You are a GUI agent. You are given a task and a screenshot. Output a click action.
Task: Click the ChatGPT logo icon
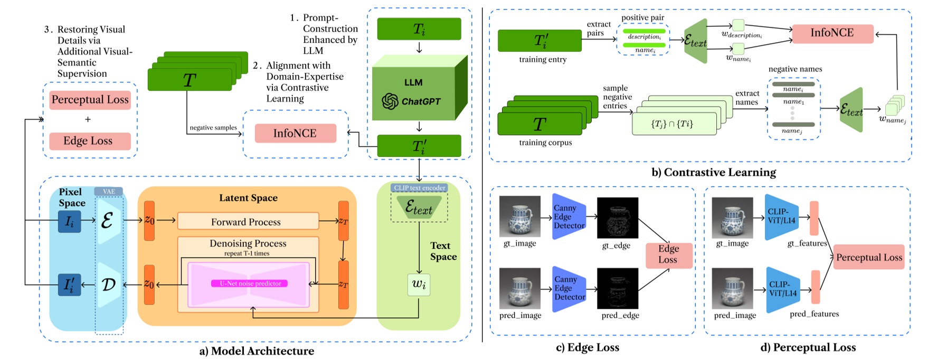[x=390, y=101]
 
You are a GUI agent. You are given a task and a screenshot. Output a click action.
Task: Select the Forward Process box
[x=248, y=222]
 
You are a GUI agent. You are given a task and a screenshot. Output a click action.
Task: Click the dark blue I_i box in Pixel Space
[x=69, y=222]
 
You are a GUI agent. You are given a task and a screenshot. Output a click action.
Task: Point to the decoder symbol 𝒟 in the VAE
[x=108, y=285]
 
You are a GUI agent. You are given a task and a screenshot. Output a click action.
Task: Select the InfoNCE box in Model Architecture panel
[x=295, y=134]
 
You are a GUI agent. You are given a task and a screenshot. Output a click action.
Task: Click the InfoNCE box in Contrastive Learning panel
[x=832, y=33]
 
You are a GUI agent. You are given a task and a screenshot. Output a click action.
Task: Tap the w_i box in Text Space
[x=419, y=285]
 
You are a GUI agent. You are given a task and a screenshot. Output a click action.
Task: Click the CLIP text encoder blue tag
[x=419, y=188]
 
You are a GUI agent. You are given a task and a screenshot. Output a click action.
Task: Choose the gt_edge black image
[x=617, y=217]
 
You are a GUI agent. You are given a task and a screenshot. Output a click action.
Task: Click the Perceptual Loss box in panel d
[x=869, y=257]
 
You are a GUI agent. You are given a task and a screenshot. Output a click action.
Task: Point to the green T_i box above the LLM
[x=419, y=29]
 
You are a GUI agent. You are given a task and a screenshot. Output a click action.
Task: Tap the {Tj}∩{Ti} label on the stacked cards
[x=671, y=124]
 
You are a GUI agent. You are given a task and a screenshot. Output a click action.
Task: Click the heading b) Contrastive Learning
[x=714, y=173]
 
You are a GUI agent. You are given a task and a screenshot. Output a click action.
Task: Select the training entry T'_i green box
[x=539, y=41]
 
